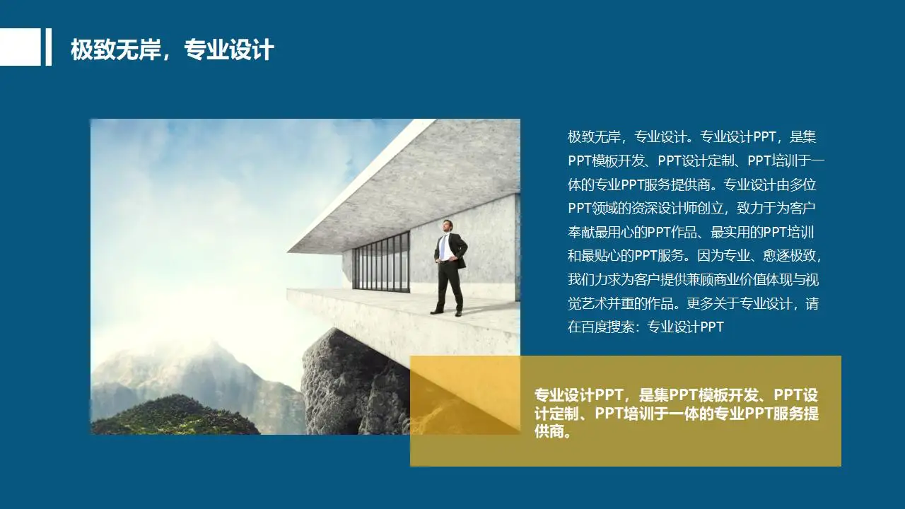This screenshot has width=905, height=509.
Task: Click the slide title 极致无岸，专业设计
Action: pos(172,50)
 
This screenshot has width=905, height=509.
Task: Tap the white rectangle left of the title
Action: pos(20,47)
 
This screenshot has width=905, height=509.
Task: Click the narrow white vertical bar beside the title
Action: pos(49,47)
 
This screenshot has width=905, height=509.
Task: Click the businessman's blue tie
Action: pos(443,247)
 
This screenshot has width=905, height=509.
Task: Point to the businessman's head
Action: pos(447,226)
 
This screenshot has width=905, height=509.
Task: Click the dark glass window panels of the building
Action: pos(381,262)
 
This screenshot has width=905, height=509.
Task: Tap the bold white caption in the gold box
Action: pos(677,413)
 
